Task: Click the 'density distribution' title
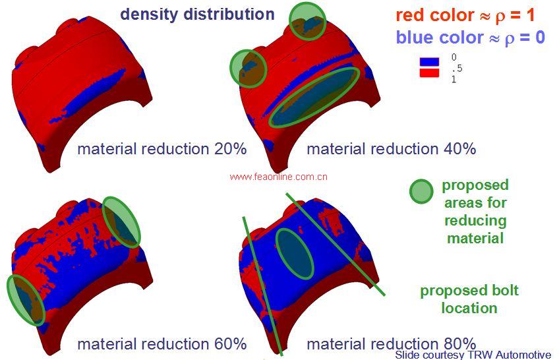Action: [197, 14]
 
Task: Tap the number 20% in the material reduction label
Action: [231, 149]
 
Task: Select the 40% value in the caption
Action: [460, 149]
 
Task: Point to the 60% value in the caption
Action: [231, 344]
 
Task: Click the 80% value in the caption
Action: [460, 344]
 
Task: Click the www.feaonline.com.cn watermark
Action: [279, 177]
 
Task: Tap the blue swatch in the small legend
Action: [429, 62]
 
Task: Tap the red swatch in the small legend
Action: [429, 73]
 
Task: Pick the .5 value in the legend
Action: [455, 69]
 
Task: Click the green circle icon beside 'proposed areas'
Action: [421, 192]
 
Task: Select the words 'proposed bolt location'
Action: [469, 299]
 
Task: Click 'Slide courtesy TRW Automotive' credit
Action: [473, 355]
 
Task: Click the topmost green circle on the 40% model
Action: [307, 20]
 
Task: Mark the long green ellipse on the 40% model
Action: [315, 97]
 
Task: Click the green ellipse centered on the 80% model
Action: [294, 253]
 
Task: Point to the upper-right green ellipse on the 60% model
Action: [122, 222]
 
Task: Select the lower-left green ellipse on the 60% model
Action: [26, 300]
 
